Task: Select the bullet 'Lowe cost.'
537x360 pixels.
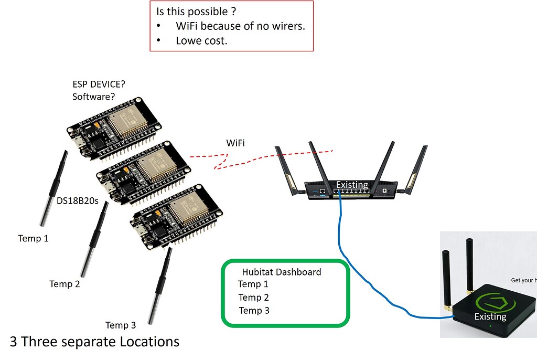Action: coord(201,40)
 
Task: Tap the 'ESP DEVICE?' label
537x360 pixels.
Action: coord(99,84)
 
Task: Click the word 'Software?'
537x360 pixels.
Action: coord(94,97)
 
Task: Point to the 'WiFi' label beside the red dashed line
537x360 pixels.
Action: coord(235,143)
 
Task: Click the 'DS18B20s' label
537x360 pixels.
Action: coord(78,200)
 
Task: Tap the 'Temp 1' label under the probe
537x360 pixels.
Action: coord(34,238)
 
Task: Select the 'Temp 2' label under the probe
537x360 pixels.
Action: coord(65,284)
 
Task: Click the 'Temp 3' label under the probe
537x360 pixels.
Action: coord(121,325)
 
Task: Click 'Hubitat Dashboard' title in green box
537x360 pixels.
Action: coord(281,272)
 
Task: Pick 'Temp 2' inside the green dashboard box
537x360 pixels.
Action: coord(254,298)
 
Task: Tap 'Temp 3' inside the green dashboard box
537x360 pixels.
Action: coord(254,311)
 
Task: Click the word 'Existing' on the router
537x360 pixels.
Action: coord(352,185)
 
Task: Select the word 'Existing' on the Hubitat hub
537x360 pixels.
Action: coord(490,316)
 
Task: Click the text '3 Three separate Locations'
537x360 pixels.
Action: coord(94,342)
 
